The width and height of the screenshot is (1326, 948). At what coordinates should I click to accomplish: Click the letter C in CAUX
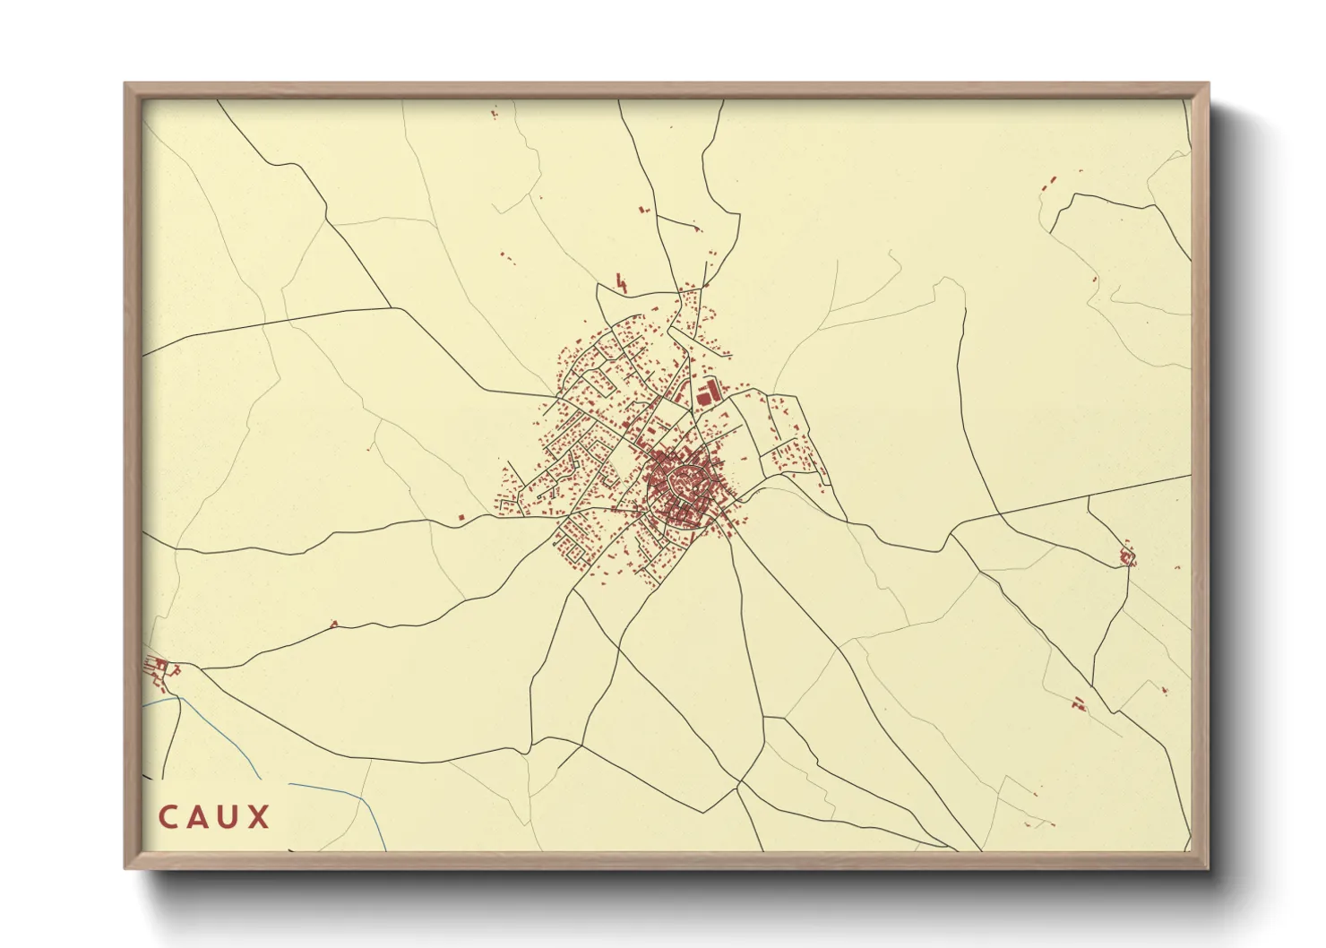[x=169, y=817]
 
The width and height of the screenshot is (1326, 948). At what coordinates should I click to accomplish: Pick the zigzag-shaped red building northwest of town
[x=622, y=284]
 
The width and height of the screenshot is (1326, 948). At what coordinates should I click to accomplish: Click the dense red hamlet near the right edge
[x=1127, y=558]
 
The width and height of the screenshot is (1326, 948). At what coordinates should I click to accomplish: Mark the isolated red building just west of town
[x=461, y=517]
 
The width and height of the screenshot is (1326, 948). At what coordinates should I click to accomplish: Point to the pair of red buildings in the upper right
[x=1049, y=184]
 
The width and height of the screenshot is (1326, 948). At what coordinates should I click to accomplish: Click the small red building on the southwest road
[x=334, y=624]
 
